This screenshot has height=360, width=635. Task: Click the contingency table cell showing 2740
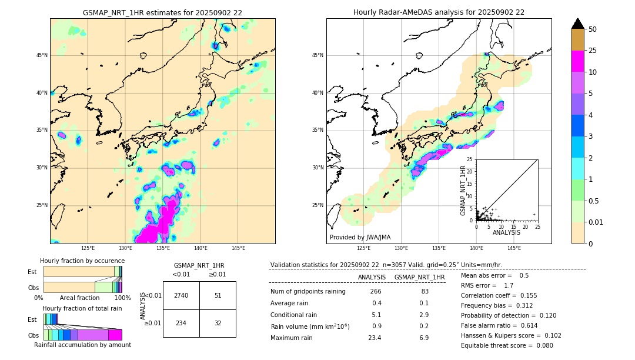(181, 295)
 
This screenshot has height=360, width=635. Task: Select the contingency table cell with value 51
(218, 295)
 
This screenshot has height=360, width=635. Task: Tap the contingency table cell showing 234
(181, 323)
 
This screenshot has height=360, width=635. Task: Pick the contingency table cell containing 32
(218, 323)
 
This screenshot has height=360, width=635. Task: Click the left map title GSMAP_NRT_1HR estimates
(162, 12)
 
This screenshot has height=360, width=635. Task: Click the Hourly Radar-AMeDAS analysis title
(439, 12)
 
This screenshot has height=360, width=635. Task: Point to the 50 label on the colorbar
(593, 29)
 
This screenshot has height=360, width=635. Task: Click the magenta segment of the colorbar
(578, 61)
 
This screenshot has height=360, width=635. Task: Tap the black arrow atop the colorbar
(578, 24)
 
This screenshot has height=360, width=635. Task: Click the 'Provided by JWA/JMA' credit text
(360, 237)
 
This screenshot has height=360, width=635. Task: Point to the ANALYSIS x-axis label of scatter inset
(506, 232)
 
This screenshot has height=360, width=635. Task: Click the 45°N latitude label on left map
(42, 55)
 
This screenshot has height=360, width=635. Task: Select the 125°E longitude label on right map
(364, 248)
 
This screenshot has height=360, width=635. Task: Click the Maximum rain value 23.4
(375, 338)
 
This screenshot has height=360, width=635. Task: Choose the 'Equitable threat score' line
(507, 345)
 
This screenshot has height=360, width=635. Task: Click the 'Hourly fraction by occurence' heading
(82, 261)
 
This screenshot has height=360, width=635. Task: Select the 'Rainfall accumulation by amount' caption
(82, 345)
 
